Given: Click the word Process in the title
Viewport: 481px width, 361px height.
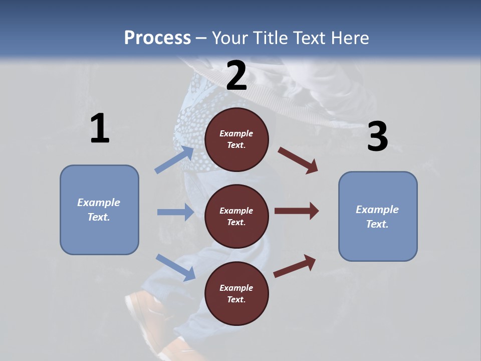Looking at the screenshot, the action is point(157,38).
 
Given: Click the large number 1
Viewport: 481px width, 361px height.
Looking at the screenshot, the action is point(100,128).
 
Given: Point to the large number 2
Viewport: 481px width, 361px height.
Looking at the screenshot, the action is point(236,75).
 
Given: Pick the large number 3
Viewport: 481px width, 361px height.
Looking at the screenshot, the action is point(378,136).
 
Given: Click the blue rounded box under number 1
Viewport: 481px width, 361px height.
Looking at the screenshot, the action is point(99,210).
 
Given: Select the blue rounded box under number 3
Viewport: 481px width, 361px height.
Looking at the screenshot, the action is point(378,217).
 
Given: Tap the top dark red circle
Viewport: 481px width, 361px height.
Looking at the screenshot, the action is point(236,139).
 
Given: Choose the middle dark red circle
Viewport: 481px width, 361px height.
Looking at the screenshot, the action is point(236,217).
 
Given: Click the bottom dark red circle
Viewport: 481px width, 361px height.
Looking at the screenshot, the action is point(236,293).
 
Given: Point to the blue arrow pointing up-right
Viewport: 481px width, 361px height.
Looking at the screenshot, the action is point(174,159).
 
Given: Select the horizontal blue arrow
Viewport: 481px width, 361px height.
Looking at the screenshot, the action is point(175,212).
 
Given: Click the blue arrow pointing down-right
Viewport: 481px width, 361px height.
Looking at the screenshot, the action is point(176,268).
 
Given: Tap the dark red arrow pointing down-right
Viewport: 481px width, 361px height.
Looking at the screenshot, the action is point(298,160).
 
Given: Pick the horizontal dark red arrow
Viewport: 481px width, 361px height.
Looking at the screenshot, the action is point(297,211).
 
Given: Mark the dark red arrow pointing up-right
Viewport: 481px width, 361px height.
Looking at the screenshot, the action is point(295,266).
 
